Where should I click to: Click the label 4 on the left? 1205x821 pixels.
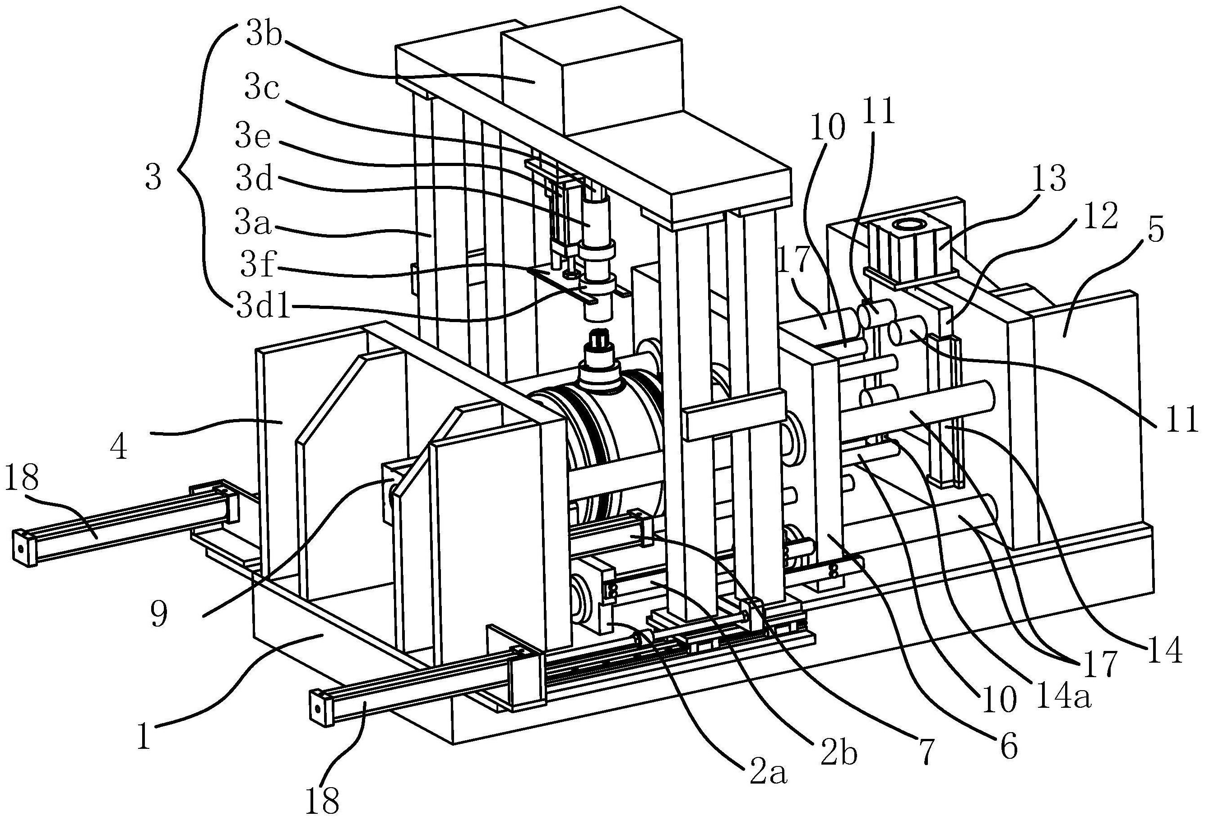click(x=119, y=447)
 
